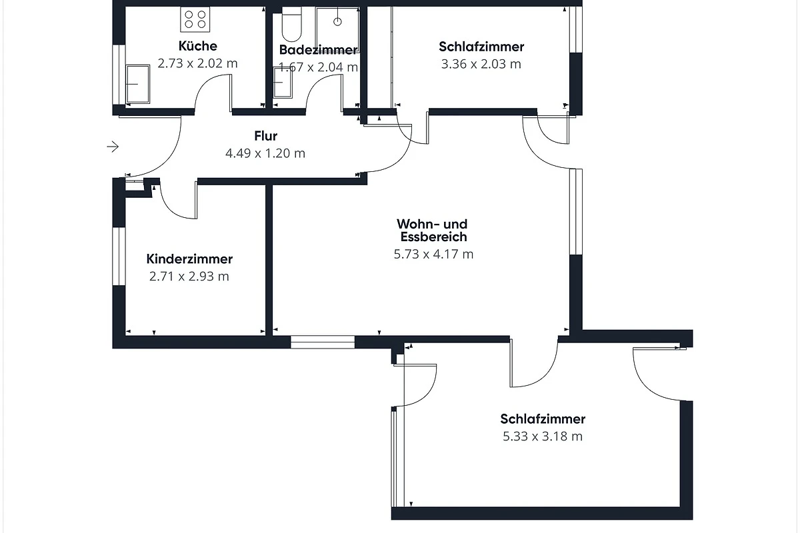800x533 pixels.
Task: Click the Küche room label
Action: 197,46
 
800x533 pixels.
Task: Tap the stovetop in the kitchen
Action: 195,19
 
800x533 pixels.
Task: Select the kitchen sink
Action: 137,84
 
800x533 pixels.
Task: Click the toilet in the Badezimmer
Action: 291,24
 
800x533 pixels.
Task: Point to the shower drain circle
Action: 337,22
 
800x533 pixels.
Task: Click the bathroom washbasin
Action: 283,83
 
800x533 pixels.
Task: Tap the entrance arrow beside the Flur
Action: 113,147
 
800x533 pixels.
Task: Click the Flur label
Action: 266,136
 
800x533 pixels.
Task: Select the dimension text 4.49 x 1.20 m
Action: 265,153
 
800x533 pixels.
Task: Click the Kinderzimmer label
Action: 189,259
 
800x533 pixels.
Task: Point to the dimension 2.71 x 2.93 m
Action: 189,276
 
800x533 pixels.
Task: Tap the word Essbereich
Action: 433,237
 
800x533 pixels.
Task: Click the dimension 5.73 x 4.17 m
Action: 433,255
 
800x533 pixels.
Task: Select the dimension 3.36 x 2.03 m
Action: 481,64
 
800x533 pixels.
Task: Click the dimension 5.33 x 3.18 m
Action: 543,436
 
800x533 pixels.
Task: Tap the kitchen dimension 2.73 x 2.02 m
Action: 197,63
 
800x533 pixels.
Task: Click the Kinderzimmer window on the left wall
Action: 119,257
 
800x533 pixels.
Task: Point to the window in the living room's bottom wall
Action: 323,342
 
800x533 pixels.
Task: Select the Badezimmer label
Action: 318,50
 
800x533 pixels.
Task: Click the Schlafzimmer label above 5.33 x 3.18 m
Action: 543,419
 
